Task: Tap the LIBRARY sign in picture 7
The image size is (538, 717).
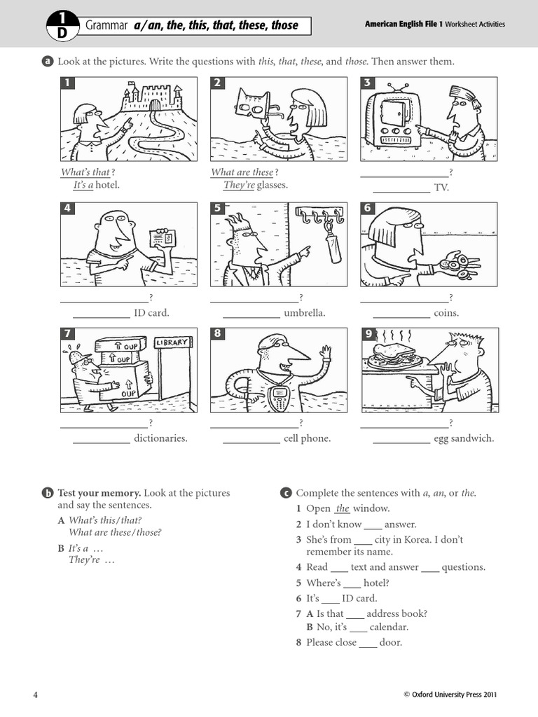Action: [171, 342]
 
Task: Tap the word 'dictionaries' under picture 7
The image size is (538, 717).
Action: [160, 439]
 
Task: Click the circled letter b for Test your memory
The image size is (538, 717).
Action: [48, 493]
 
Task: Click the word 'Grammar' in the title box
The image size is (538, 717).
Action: [107, 25]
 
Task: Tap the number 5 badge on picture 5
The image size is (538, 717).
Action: [218, 209]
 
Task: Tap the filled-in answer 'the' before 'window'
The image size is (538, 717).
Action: [342, 509]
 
